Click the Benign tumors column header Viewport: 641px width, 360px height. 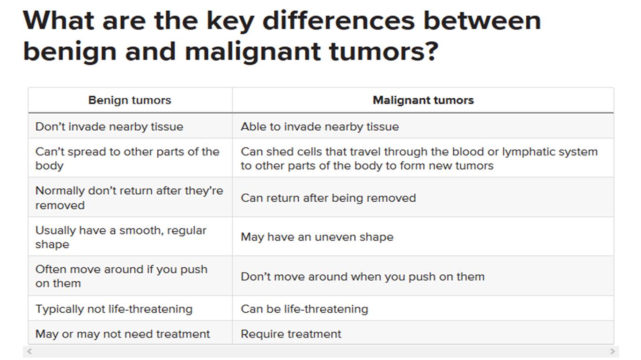(x=130, y=100)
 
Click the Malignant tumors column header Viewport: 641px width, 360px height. (x=423, y=100)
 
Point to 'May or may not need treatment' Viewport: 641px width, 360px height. (x=123, y=334)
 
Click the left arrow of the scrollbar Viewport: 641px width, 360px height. (x=29, y=351)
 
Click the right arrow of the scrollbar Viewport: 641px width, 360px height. (x=612, y=351)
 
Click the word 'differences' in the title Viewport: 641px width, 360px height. (x=339, y=21)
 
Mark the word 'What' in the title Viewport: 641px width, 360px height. (x=59, y=21)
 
